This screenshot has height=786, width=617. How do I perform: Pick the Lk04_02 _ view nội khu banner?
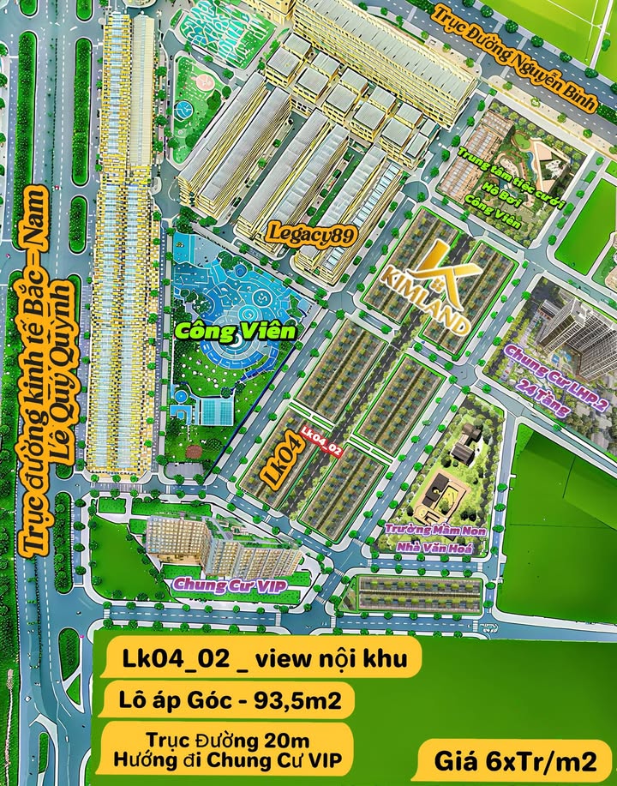click(261, 657)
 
